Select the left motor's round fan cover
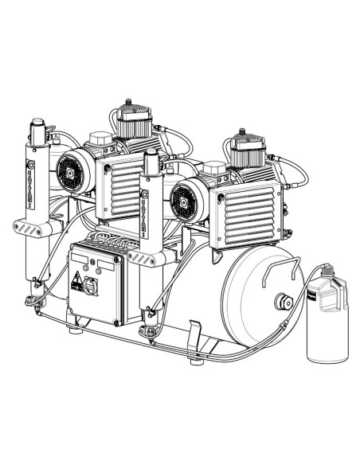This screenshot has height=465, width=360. [x=71, y=169]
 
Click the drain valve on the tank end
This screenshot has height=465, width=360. [x=281, y=302]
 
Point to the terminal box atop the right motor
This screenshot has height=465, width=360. [x=214, y=170]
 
